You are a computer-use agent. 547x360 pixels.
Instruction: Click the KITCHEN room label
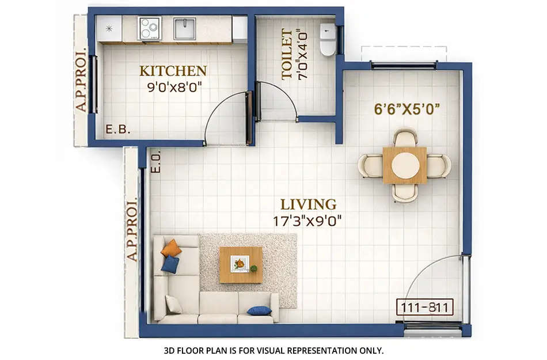pos(173,71)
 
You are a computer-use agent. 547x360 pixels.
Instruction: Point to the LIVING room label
pos(308,204)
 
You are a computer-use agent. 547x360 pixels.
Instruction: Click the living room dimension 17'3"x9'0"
pos(308,220)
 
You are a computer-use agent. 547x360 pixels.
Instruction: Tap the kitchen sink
pos(185,28)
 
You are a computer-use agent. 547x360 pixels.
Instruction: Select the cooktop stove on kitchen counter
pos(150,28)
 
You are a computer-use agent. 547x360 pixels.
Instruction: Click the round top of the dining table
pos(405,165)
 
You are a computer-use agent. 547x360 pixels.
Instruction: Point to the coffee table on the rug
pos(241,264)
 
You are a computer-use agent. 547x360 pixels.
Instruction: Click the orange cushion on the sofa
pos(171,248)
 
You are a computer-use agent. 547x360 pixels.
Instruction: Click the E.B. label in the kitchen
pos(118,130)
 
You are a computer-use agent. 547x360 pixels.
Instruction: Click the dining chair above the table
pos(405,138)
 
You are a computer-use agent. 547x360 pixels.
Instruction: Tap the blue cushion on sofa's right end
pos(259,310)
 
